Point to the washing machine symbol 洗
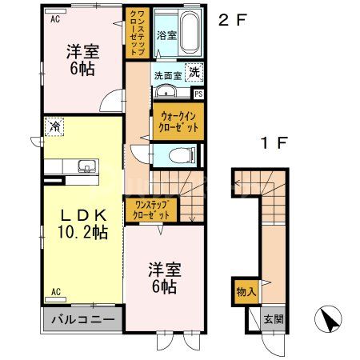tap(195, 72)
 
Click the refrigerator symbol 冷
tap(55, 126)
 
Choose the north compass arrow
tap(329, 322)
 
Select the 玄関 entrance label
tap(274, 319)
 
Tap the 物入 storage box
tap(246, 292)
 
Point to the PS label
tap(198, 94)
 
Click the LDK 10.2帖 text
tap(77, 223)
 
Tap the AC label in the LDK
tap(56, 290)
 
